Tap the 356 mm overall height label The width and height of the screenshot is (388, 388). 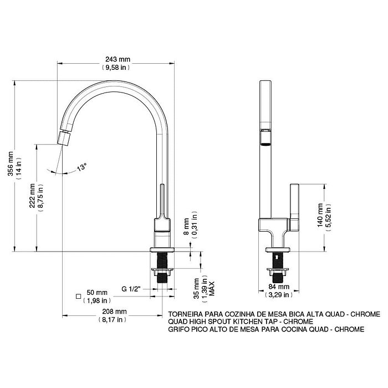11,164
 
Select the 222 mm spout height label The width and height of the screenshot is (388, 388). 32,196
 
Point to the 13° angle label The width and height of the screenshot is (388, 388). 81,167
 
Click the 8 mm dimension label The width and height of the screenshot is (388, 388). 187,226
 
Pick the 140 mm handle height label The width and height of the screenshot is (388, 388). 320,215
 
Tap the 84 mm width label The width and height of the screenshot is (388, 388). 279,287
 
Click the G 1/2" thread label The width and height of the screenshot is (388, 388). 131,289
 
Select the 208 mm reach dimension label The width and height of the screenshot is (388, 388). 114,312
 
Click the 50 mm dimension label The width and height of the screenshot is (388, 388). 97,293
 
